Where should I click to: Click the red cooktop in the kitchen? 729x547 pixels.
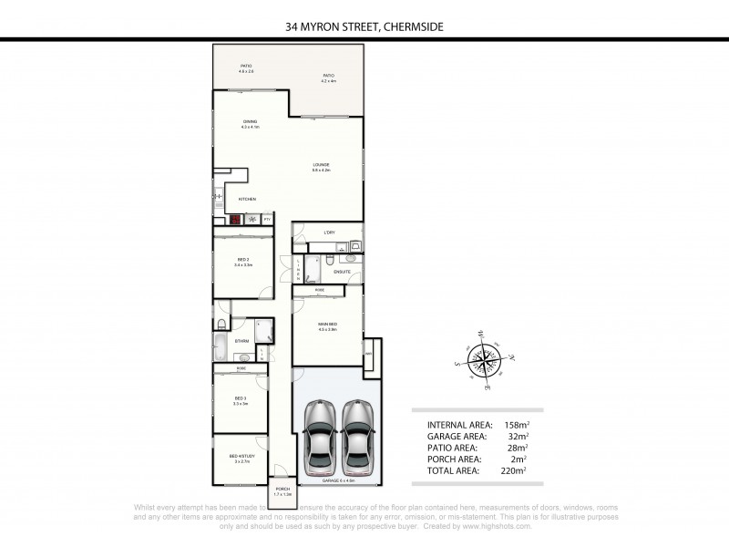point(234,220)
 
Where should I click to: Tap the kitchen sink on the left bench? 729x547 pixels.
point(218,195)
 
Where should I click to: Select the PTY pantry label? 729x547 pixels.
point(267,220)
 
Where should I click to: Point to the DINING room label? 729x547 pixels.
point(250,123)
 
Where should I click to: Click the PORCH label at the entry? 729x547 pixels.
point(281,490)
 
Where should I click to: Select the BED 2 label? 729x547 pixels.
point(241,261)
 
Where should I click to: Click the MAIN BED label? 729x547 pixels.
point(327,325)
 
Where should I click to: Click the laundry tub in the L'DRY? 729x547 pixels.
point(354,244)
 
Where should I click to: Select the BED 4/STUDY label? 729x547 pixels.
point(241,458)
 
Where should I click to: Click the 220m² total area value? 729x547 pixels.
point(514,470)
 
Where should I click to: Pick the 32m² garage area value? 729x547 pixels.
point(516,436)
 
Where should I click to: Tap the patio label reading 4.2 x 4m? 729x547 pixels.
point(328,78)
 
